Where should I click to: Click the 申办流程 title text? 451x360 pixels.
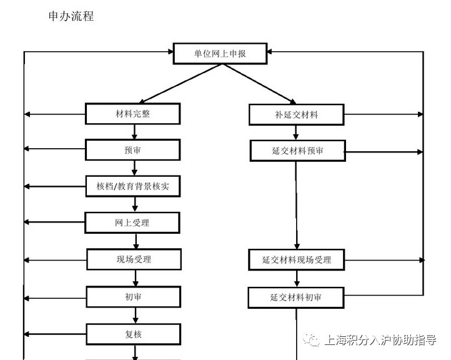pyautogui.click(x=71, y=16)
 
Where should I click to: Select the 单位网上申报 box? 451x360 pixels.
pyautogui.click(x=220, y=54)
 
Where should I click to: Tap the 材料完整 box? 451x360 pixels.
pyautogui.click(x=132, y=114)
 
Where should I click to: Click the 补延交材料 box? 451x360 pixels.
pyautogui.click(x=296, y=115)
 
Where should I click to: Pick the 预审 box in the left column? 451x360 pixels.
pyautogui.click(x=132, y=150)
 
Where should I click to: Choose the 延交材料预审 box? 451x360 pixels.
pyautogui.click(x=298, y=151)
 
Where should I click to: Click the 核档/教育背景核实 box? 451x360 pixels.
pyautogui.click(x=133, y=186)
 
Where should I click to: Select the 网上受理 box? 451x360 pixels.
pyautogui.click(x=132, y=222)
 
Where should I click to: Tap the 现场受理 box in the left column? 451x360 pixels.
pyautogui.click(x=134, y=259)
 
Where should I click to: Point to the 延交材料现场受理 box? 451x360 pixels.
pyautogui.click(x=297, y=260)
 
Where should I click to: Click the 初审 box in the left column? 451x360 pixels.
pyautogui.click(x=134, y=297)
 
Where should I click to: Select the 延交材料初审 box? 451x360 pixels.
pyautogui.click(x=296, y=297)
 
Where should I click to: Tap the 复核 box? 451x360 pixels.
pyautogui.click(x=134, y=334)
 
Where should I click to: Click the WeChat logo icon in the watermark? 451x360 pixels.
pyautogui.click(x=311, y=340)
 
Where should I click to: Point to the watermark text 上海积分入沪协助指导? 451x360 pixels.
pyautogui.click(x=380, y=340)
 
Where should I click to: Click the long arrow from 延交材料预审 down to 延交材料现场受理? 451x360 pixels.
pyautogui.click(x=297, y=205)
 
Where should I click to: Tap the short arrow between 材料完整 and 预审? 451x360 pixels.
pyautogui.click(x=134, y=132)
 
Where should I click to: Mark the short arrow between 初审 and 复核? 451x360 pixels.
pyautogui.click(x=136, y=316)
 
